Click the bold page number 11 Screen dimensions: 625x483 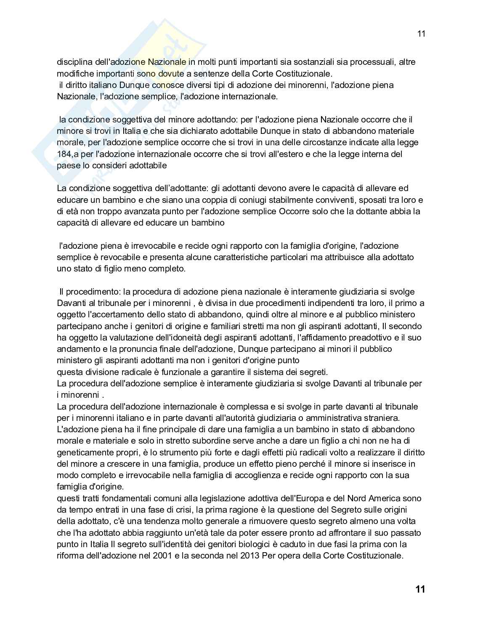(x=420, y=589)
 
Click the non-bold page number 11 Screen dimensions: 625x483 (x=421, y=34)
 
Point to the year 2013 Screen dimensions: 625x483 (x=250, y=556)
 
